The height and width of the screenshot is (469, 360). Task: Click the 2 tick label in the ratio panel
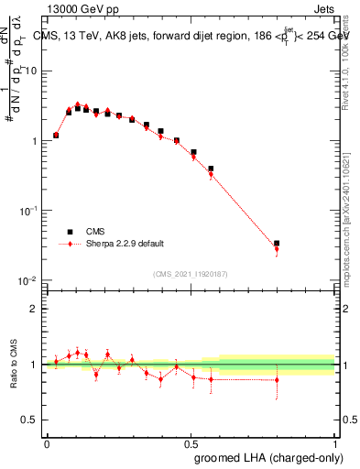point(35,309)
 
